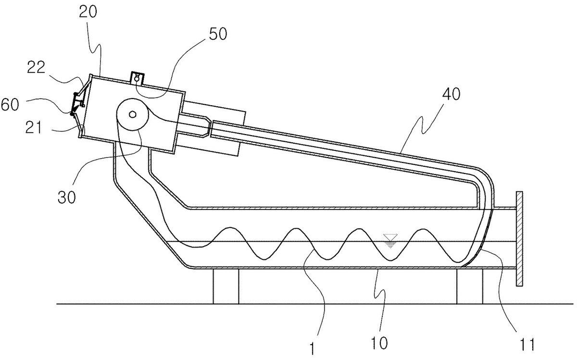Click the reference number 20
coord(88,12)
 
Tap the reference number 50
coord(218,34)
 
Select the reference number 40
coord(452,94)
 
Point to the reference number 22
coord(36,67)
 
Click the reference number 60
coord(10,105)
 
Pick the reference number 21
coord(34,127)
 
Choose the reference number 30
coord(66,198)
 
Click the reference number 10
coord(379,343)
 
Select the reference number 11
coord(527,345)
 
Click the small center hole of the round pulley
coord(132,114)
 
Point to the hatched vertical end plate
coord(519,238)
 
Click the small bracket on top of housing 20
coord(138,78)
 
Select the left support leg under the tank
coord(226,286)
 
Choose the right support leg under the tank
coord(470,286)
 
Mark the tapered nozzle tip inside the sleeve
coord(208,127)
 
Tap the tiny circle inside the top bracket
coord(137,77)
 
